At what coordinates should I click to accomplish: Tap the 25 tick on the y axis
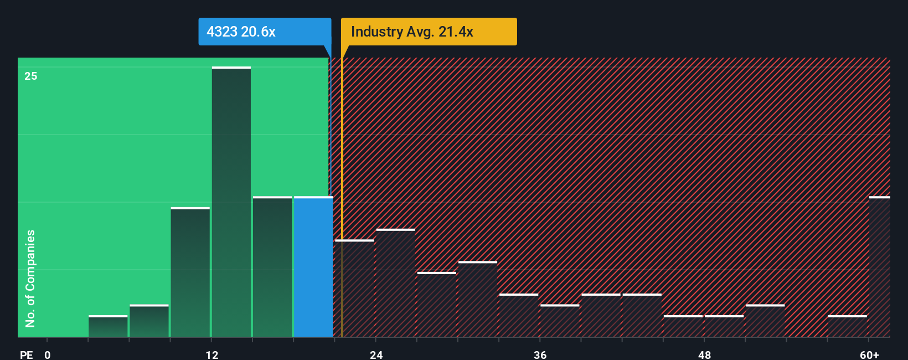(31, 76)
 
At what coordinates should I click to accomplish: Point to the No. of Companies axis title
(30, 278)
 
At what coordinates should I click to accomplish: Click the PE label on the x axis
(26, 354)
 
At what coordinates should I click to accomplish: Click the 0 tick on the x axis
(48, 354)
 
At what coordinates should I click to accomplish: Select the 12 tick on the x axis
(212, 354)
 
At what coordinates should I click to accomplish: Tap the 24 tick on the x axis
(376, 354)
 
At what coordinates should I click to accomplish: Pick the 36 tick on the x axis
(540, 354)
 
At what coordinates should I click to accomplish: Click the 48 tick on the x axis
(704, 354)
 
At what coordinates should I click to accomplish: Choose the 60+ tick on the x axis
(870, 354)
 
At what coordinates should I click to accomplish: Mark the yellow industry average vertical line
(342, 194)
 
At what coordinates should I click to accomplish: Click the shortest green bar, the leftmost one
(108, 327)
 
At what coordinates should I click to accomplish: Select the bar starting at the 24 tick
(395, 283)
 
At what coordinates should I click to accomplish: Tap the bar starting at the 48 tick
(724, 327)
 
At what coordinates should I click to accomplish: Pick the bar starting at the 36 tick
(560, 321)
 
